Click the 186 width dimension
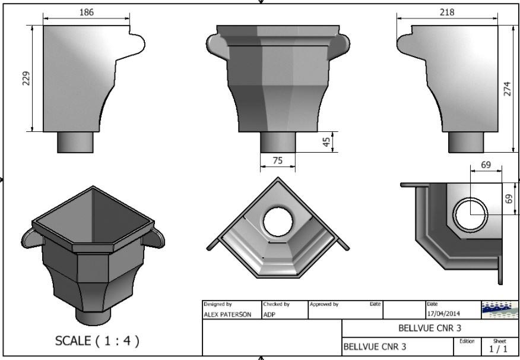click(x=87, y=12)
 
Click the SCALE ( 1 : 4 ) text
click(x=97, y=340)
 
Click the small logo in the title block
click(x=499, y=310)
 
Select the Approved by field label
click(x=324, y=304)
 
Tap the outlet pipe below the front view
click(x=278, y=143)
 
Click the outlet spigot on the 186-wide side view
click(x=75, y=142)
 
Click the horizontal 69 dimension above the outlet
click(x=486, y=165)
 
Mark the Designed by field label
click(x=217, y=304)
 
